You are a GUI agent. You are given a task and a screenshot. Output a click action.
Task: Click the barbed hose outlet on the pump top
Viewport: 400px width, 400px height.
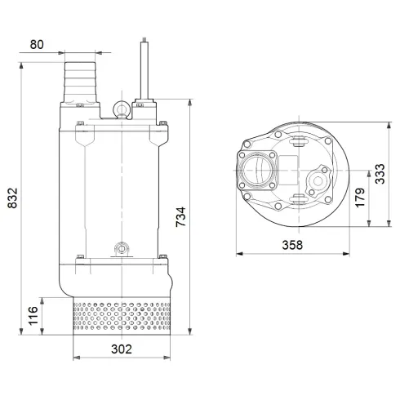tap(79, 81)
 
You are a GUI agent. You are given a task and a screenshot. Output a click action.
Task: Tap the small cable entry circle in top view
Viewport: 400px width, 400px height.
tap(315, 176)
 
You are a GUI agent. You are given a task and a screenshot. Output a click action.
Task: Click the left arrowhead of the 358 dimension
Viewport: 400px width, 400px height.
tap(239, 254)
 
